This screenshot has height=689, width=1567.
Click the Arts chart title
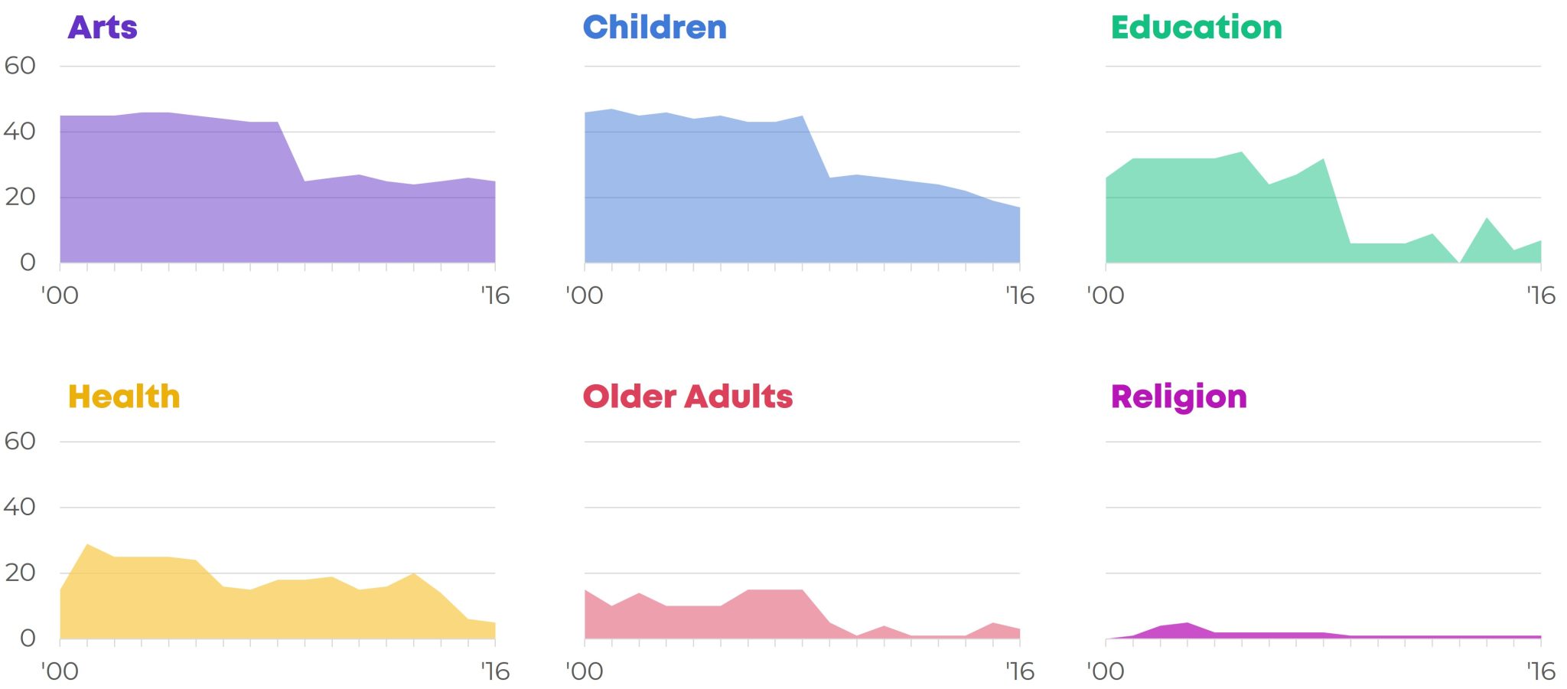click(103, 28)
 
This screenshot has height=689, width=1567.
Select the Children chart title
click(654, 28)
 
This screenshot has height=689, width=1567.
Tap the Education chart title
click(1196, 28)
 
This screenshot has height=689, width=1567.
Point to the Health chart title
click(124, 397)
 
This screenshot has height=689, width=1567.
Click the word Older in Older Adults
click(630, 397)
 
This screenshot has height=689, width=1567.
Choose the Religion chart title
click(1178, 397)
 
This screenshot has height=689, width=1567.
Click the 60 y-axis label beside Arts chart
click(20, 66)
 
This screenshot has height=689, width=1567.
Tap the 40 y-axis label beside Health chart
click(20, 507)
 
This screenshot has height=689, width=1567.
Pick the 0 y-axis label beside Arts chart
click(28, 263)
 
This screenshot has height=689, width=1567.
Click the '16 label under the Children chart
click(1019, 296)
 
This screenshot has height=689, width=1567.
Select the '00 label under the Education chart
click(1106, 296)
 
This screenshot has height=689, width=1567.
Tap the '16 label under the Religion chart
click(1540, 671)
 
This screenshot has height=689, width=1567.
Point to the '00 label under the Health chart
click(60, 671)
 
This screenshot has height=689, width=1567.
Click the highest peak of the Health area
click(88, 544)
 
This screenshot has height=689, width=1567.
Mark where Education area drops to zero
click(1460, 263)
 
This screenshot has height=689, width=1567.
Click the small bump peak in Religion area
click(1187, 623)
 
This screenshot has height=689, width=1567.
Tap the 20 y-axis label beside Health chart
click(20, 573)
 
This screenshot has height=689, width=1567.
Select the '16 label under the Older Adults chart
click(1019, 671)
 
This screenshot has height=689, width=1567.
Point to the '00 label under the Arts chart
click(60, 296)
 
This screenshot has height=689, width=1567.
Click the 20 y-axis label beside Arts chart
click(20, 197)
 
